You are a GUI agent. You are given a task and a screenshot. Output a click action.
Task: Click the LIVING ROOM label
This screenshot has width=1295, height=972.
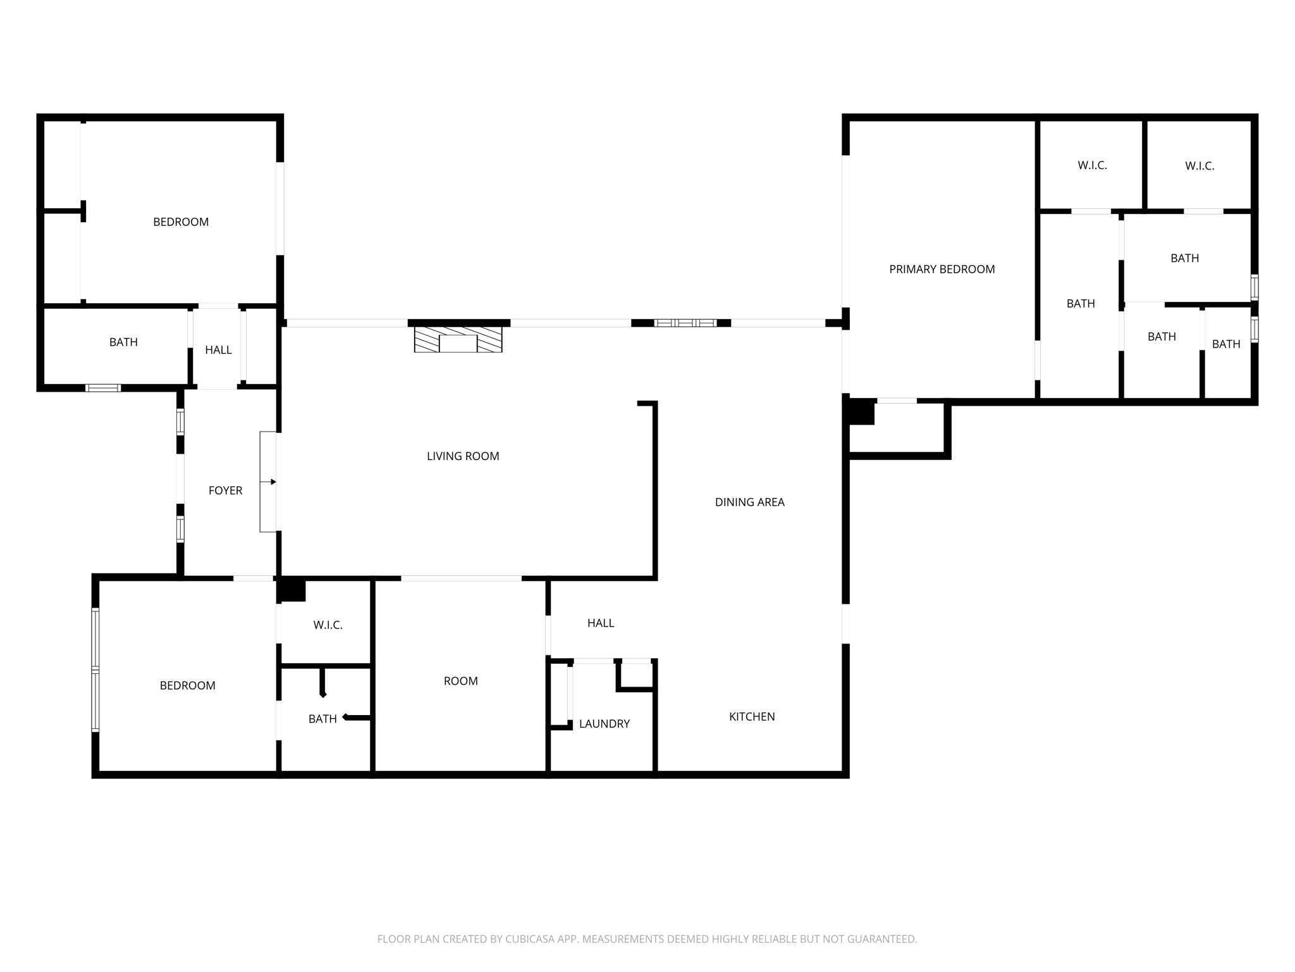pyautogui.click(x=463, y=456)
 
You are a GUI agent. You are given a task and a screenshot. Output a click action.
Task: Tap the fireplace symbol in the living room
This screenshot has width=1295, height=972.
pyautogui.click(x=458, y=339)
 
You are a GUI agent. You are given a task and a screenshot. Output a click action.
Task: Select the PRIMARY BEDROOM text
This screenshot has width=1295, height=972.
pyautogui.click(x=942, y=270)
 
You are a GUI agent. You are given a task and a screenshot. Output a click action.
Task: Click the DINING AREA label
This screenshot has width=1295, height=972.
pyautogui.click(x=749, y=502)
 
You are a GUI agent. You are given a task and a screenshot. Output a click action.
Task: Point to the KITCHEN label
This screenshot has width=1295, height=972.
pyautogui.click(x=752, y=717)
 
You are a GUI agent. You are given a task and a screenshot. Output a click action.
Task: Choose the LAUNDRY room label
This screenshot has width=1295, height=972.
pyautogui.click(x=604, y=724)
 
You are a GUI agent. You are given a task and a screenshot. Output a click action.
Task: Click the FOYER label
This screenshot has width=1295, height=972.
pyautogui.click(x=225, y=490)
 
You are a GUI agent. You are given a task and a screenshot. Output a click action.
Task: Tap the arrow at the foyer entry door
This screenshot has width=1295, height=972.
pyautogui.click(x=273, y=482)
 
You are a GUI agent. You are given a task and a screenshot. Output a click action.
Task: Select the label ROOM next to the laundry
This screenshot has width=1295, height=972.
pyautogui.click(x=460, y=682)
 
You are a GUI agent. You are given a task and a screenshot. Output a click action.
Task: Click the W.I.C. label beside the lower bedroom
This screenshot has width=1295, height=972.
pyautogui.click(x=328, y=625)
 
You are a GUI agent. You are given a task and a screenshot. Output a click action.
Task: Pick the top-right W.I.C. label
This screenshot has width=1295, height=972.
pyautogui.click(x=1200, y=166)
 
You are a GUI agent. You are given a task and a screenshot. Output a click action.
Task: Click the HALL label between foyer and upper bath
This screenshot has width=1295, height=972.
pyautogui.click(x=218, y=350)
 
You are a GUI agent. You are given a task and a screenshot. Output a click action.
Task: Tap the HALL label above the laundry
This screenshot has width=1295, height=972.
pyautogui.click(x=600, y=623)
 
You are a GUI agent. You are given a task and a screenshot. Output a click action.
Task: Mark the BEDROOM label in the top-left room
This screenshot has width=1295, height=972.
pyautogui.click(x=181, y=222)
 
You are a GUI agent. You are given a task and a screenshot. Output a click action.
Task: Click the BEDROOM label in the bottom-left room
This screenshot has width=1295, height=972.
pyautogui.click(x=187, y=686)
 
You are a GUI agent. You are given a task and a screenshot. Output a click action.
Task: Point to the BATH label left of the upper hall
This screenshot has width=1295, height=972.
pyautogui.click(x=123, y=342)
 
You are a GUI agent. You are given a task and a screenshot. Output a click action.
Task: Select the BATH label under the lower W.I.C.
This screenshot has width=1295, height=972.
pyautogui.click(x=322, y=719)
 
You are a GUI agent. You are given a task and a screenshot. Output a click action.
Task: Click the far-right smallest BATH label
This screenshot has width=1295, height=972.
pyautogui.click(x=1225, y=344)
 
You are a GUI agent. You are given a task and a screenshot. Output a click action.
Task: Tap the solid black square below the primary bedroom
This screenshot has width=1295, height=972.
pyautogui.click(x=861, y=413)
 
